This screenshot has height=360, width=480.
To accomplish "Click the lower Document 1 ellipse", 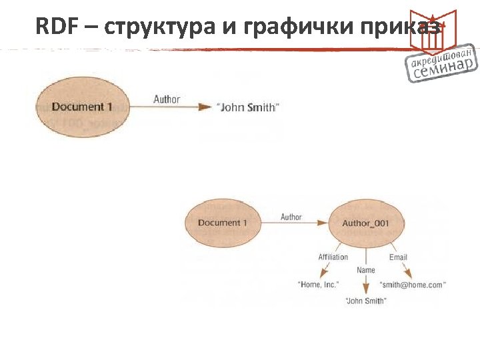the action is pos(223,223).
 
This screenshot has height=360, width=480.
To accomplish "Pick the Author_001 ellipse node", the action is pos(365,223).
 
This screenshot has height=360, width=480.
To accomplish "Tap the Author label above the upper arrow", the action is pos(167,99).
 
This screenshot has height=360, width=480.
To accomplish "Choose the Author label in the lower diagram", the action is pos(291,217).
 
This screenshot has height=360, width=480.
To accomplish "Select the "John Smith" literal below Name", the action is pos(365,301).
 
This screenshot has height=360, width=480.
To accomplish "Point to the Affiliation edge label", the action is pos(333,257).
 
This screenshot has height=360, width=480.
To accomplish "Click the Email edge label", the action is pos(398,257).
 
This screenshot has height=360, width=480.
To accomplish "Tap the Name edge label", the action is pos(365,270).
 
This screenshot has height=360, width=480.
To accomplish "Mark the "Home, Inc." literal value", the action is pos(319,285).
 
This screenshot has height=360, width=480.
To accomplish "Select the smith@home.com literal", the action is pos(413,285).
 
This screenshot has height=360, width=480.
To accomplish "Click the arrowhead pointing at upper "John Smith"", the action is pos(206,107).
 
